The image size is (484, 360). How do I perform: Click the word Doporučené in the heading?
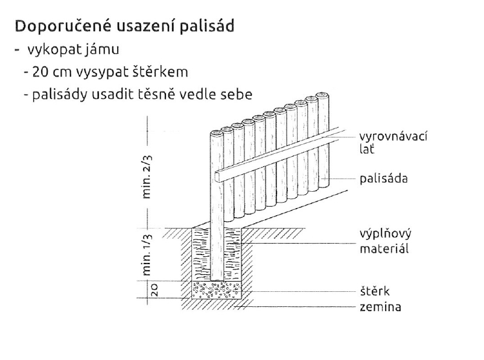pos(63,26)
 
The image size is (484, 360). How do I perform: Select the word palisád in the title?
pos(206,26)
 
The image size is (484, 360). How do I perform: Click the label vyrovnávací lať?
pos(393,142)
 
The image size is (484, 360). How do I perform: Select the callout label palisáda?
pos(383,178)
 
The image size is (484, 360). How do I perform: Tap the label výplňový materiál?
pos(385,241)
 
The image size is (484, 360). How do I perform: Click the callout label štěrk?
pos(374,291)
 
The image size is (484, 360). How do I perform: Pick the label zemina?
pos(380,307)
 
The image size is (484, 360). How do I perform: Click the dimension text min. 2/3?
pos(147,177)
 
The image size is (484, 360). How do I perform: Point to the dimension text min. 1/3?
pos(147,254)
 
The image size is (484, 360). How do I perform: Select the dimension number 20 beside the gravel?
pos(154,290)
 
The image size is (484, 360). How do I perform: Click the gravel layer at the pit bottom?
pos(217,290)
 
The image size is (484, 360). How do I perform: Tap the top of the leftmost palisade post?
pos(217,133)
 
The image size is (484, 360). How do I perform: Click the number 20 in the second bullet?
pos(40,72)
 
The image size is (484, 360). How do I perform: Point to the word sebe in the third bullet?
pos(238,94)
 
